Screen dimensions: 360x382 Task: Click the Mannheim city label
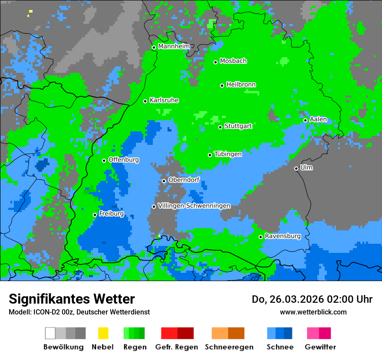tap(174, 46)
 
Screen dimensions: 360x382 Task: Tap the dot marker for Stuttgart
tap(221, 127)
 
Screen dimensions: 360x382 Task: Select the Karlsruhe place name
tap(164, 100)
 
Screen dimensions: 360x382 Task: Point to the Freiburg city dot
tap(95, 215)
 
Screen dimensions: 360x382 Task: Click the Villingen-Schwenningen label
tap(194, 206)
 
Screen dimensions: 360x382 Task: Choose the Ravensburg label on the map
tap(283, 236)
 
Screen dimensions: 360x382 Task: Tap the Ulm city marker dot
tap(296, 168)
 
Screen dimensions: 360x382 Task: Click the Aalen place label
tap(318, 119)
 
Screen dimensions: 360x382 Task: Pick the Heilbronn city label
tap(241, 85)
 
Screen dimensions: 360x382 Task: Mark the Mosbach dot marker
tap(215, 62)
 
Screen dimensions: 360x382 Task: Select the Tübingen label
tap(228, 154)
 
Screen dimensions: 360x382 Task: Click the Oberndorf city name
tap(184, 180)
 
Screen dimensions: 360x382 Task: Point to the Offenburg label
tap(124, 160)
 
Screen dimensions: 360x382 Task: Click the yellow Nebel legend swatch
tap(103, 333)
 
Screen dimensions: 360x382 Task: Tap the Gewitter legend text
tap(320, 347)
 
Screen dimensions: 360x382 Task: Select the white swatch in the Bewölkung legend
tap(50, 333)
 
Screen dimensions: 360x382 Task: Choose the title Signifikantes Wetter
tap(72, 299)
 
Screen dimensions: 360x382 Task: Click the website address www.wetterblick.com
tap(313, 312)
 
